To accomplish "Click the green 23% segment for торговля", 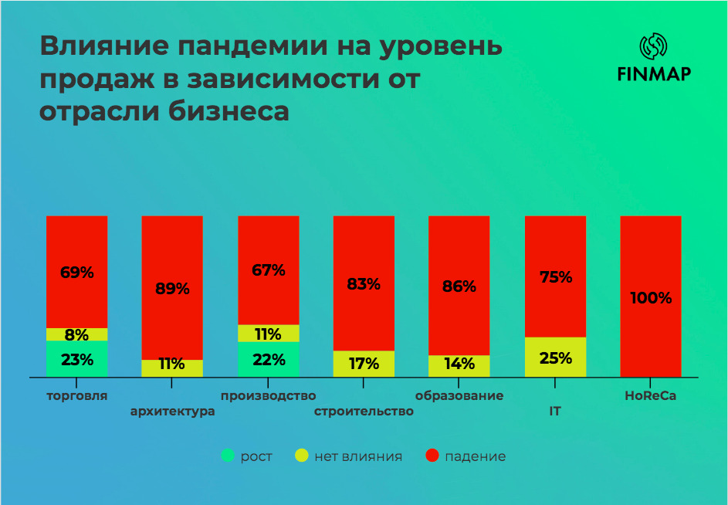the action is click(76, 358).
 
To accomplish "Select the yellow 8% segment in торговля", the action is click(76, 334).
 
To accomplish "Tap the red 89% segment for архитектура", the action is click(172, 287).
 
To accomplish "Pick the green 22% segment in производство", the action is click(269, 359).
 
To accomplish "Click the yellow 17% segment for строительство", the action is click(364, 364).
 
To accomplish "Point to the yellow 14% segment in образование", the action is click(459, 366).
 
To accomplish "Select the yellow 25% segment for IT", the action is click(555, 357).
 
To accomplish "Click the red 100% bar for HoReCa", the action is click(651, 297).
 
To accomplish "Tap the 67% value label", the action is click(269, 270).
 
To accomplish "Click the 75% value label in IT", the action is click(556, 277).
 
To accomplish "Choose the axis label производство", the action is click(269, 396).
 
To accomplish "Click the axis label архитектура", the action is click(173, 412).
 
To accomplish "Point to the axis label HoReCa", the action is click(651, 396).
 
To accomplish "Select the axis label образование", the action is click(459, 396).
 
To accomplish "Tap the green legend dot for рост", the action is click(228, 456).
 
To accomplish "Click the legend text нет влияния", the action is click(358, 456).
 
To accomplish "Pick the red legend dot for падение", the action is click(432, 456).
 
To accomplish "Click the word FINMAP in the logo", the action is click(654, 74).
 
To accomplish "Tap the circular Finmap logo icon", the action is click(654, 46).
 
